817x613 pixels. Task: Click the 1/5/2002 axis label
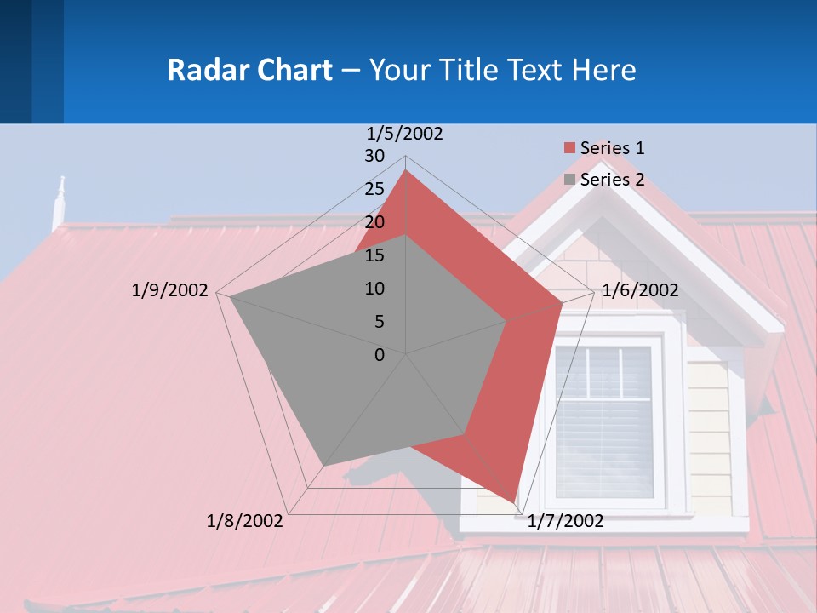(x=404, y=134)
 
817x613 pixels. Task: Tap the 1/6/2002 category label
(x=640, y=290)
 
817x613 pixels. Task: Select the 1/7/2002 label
(x=565, y=521)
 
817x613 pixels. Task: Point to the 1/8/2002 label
(x=244, y=521)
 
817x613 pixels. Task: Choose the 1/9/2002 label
(x=169, y=290)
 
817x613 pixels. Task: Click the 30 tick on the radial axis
(x=374, y=156)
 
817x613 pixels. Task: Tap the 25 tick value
(x=374, y=189)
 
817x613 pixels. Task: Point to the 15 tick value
(x=374, y=255)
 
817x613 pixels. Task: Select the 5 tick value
(x=379, y=322)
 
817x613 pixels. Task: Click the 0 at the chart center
(x=380, y=355)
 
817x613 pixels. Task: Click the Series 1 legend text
(x=612, y=148)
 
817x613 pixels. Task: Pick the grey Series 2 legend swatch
(x=569, y=180)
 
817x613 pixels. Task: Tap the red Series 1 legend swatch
(x=569, y=148)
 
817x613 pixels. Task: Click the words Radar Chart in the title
(x=249, y=70)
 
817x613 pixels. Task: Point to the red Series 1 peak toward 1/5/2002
(x=406, y=170)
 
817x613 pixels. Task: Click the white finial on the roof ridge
(x=60, y=200)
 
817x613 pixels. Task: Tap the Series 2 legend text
(x=612, y=180)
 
